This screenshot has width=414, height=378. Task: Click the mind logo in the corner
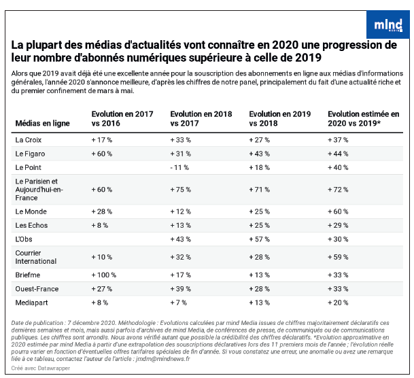388,24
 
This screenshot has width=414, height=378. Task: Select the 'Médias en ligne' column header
43,123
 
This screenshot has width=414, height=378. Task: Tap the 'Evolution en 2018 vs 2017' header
201,118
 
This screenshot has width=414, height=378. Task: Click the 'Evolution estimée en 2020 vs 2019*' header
363,118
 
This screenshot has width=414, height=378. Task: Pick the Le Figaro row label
30,154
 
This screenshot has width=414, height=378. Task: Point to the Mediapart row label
31,303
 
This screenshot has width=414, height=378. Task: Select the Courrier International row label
36,257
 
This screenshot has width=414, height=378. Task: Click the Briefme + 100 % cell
104,275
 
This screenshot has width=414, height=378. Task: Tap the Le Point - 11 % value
179,168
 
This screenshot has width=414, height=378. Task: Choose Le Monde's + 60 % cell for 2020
338,211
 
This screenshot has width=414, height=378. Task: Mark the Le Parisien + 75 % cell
181,190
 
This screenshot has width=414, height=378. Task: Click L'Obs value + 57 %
259,239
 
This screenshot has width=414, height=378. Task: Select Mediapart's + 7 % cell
179,303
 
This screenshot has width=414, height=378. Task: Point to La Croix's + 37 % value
338,140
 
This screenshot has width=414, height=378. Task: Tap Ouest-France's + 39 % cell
181,289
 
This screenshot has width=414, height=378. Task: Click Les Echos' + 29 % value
338,225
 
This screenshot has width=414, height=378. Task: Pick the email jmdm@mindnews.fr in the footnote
163,359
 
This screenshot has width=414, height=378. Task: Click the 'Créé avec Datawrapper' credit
41,368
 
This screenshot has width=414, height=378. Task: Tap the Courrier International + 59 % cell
338,257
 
